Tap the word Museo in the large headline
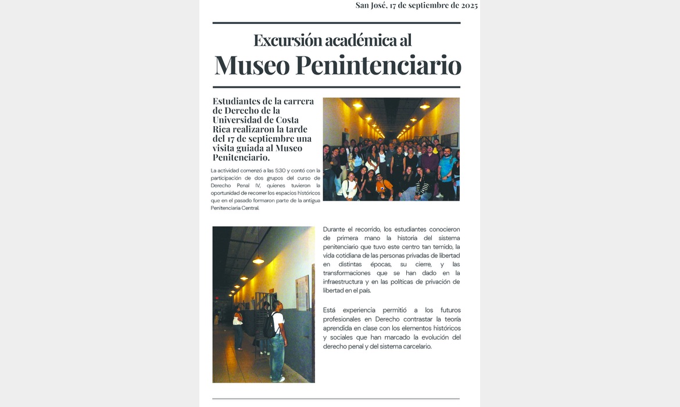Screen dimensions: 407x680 point(252,65)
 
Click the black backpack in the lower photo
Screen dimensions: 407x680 point(270,325)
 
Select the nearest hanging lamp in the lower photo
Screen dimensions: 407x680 point(258,260)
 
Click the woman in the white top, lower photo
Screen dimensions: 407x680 point(238,326)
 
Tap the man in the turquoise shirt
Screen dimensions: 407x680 point(446,169)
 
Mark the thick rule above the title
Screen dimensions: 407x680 point(336,23)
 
